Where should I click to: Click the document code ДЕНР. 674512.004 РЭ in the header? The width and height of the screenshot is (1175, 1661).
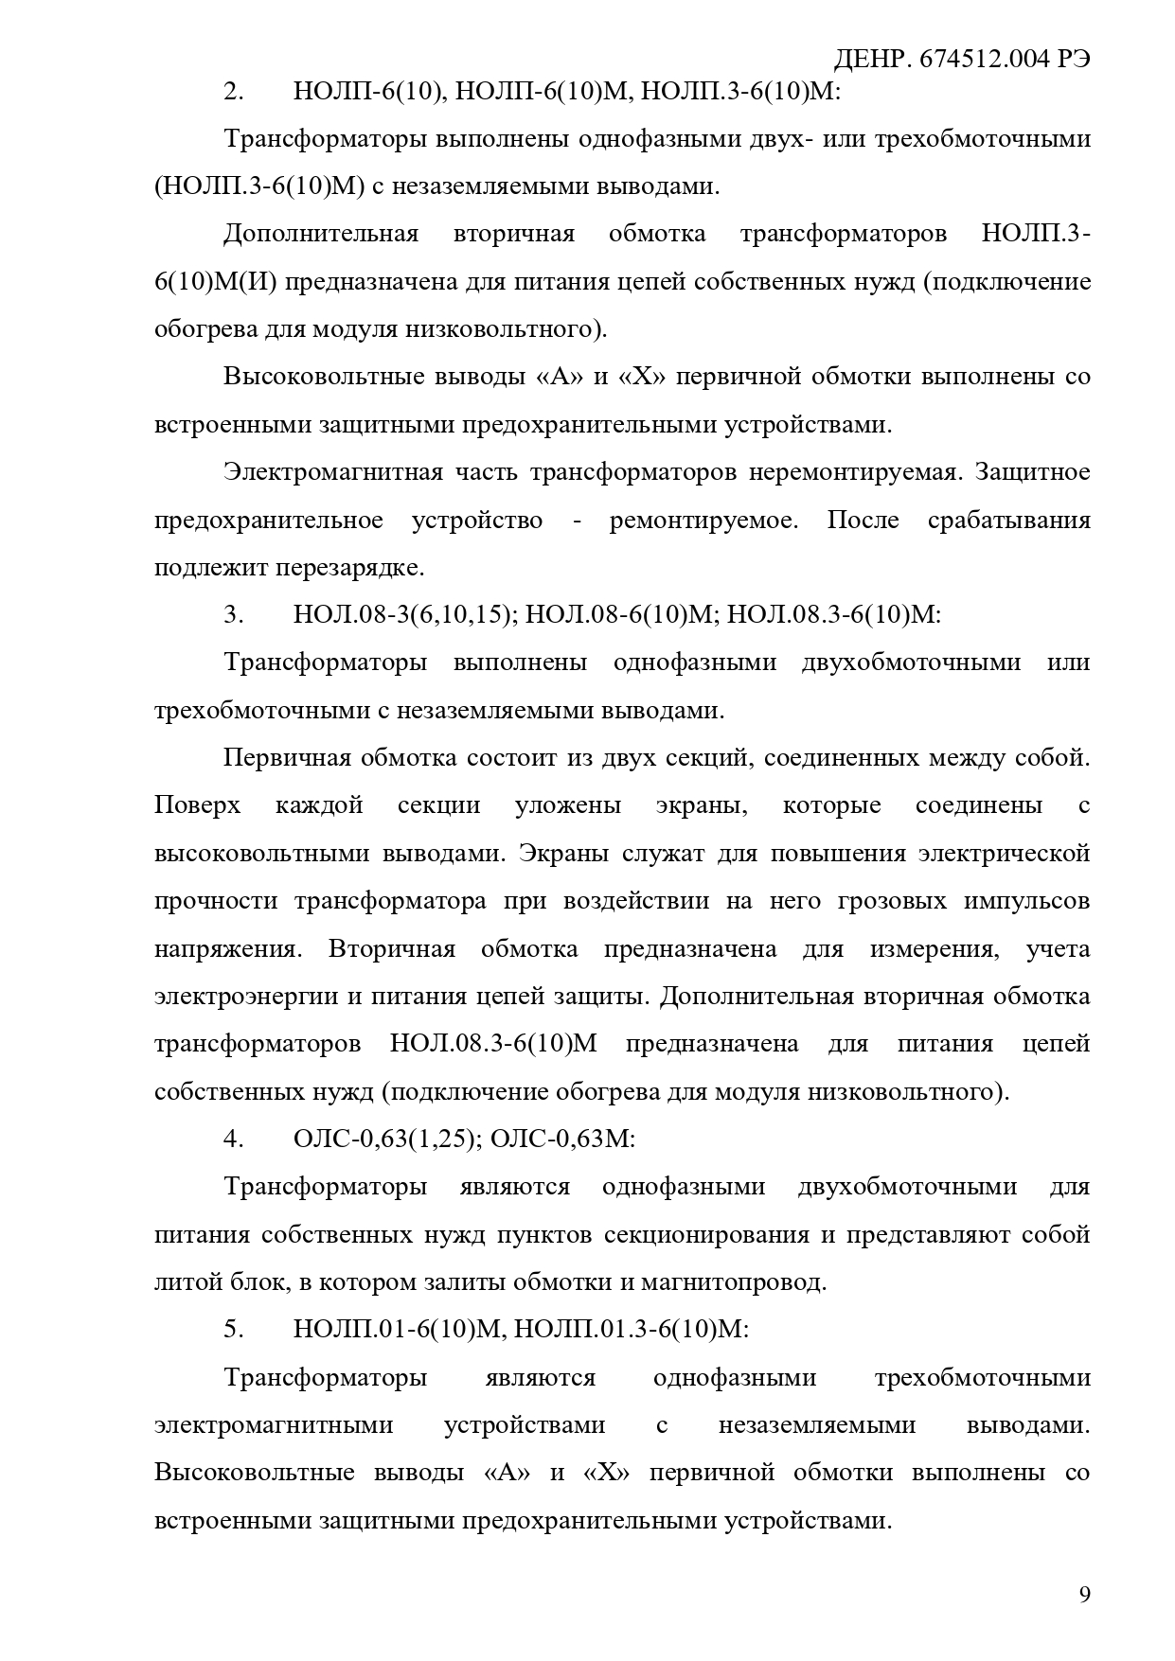point(961,59)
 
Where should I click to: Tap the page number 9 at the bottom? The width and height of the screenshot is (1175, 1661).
point(1084,1595)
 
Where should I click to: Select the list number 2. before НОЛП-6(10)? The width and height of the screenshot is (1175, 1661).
point(234,92)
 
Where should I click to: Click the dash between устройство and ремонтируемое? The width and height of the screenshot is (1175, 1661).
point(577,521)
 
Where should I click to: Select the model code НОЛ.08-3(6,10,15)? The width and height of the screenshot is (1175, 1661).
point(404,615)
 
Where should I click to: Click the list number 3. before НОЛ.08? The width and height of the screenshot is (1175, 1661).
point(234,615)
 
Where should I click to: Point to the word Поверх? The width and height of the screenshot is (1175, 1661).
point(197,806)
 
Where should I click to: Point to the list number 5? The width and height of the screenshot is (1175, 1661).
point(234,1330)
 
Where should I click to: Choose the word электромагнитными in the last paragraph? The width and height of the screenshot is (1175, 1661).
point(274,1425)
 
